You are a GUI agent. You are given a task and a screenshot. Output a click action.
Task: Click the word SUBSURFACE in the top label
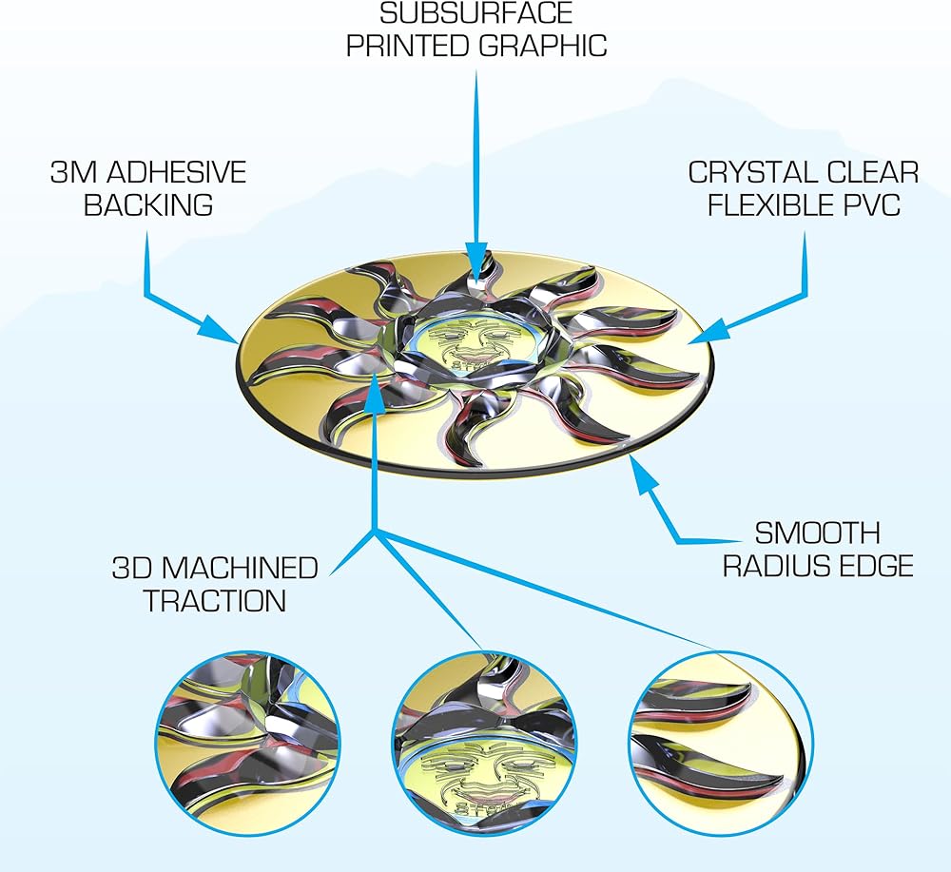pyautogui.click(x=476, y=13)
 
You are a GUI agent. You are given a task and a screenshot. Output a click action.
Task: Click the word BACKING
pyautogui.click(x=148, y=204)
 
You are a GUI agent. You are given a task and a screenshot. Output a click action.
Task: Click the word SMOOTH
pyautogui.click(x=817, y=533)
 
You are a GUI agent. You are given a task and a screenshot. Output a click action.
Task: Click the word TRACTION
pyautogui.click(x=215, y=601)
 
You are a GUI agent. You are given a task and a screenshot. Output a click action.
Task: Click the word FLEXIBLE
pyautogui.click(x=779, y=204)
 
